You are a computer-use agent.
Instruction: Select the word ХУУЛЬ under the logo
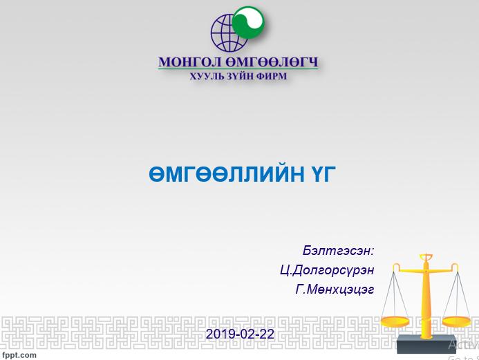[x=207, y=76]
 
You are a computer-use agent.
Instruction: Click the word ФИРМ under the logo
[x=270, y=76]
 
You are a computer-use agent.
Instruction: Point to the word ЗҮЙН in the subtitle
[x=239, y=76]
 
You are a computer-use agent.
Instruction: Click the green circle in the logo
[x=249, y=23]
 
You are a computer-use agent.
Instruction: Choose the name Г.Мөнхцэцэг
[x=335, y=290]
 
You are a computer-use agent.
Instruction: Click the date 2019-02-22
[x=240, y=334]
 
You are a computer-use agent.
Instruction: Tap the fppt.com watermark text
[x=19, y=354]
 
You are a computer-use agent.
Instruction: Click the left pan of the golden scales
[x=395, y=321]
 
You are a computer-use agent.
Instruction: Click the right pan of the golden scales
[x=457, y=321]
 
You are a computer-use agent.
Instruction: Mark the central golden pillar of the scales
[x=426, y=297]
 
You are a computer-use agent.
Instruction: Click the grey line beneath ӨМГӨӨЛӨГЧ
[x=238, y=70]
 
